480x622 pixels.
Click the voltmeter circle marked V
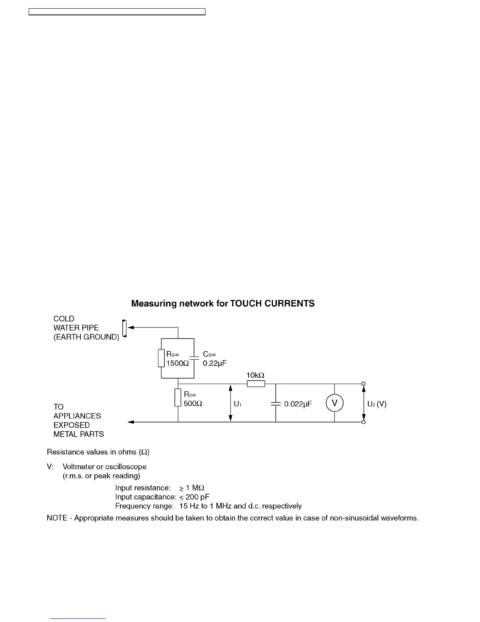[x=335, y=403]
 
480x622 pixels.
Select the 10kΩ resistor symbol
[x=256, y=384]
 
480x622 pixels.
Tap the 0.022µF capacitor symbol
[x=276, y=403]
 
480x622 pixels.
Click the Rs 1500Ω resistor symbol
[x=161, y=358]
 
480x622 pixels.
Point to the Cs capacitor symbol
[x=195, y=358]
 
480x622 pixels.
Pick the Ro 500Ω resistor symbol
[x=178, y=397]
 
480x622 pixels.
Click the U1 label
[x=237, y=404]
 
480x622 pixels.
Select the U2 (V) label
[x=377, y=404]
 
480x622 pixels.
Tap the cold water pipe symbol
[x=125, y=328]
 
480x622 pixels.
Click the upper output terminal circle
[x=364, y=384]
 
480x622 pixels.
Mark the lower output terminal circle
[x=364, y=422]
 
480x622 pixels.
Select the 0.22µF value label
[x=215, y=364]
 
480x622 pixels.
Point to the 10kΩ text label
[x=256, y=375]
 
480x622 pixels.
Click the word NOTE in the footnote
[x=57, y=518]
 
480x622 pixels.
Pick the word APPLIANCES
[x=77, y=416]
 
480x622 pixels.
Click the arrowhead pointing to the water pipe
[x=131, y=327]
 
